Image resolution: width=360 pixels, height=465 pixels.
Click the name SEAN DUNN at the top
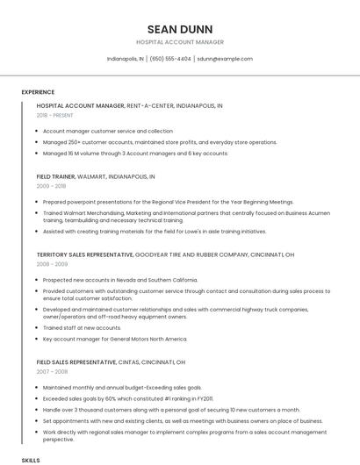tap(180, 28)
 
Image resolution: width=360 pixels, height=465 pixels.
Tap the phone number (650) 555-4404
tap(170, 59)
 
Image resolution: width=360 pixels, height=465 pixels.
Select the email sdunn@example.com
tap(225, 59)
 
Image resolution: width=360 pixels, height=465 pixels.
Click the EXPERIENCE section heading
tap(38, 92)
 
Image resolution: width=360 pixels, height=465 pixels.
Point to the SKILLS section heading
tap(31, 460)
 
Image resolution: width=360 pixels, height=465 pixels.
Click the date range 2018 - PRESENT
tap(55, 115)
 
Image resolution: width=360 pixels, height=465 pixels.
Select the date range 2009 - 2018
tap(51, 186)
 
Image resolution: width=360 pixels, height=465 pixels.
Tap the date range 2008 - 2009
tap(51, 263)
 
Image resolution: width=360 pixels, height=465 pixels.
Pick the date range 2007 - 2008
tap(51, 371)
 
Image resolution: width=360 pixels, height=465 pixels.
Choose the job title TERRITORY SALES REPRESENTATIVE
tap(84, 254)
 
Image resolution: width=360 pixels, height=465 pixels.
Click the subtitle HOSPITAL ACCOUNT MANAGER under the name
tap(180, 42)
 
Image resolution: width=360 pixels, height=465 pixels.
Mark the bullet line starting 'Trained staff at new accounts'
tap(82, 327)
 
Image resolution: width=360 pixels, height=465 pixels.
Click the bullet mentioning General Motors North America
tap(115, 339)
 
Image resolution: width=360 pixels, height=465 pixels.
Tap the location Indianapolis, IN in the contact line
tap(126, 59)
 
